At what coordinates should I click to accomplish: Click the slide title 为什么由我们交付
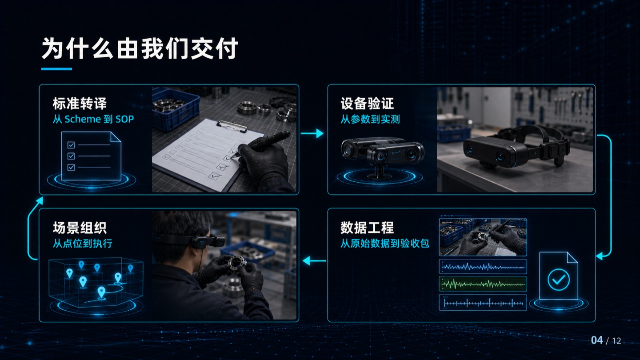click(x=140, y=48)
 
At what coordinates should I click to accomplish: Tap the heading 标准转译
click(x=80, y=104)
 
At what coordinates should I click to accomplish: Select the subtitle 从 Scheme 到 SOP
click(x=93, y=119)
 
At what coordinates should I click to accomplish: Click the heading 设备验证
click(x=367, y=104)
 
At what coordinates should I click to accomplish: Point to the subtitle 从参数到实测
click(x=370, y=119)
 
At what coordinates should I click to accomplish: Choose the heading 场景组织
click(x=80, y=228)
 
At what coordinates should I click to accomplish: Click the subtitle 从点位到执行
click(x=82, y=244)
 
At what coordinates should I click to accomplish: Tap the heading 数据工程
click(x=367, y=228)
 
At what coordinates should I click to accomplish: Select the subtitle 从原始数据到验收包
click(x=384, y=244)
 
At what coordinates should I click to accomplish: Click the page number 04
click(x=597, y=340)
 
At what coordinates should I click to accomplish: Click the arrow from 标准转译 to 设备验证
click(x=312, y=133)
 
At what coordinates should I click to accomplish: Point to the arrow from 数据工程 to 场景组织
click(x=314, y=260)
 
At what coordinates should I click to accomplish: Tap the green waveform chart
click(x=483, y=284)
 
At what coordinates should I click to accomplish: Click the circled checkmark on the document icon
click(x=559, y=280)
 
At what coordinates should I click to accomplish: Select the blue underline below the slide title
click(x=56, y=69)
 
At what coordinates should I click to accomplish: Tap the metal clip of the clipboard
click(x=232, y=126)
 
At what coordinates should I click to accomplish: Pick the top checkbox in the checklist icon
click(x=71, y=145)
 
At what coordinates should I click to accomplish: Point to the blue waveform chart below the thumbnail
click(x=483, y=267)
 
